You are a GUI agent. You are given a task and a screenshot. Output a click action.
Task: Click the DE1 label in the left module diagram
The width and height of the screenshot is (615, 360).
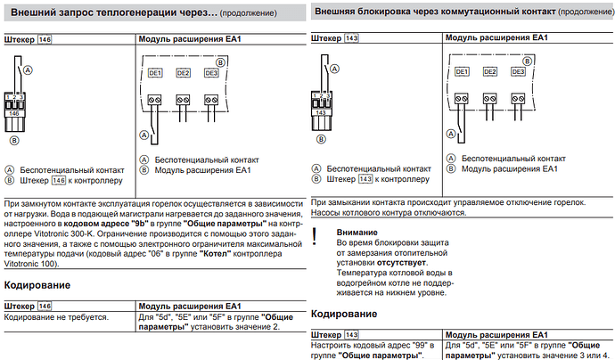coord(155,73)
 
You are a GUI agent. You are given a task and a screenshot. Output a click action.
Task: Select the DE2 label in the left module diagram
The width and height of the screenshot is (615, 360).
coord(184,73)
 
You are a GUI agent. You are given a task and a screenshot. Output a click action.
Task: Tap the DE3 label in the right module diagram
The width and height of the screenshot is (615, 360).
coord(518,72)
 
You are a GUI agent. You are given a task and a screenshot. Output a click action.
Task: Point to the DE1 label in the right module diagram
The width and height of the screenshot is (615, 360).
coord(462,72)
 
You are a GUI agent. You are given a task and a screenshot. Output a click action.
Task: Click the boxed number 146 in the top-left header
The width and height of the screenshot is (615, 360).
coord(45,39)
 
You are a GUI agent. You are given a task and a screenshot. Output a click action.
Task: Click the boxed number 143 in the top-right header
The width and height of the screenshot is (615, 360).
coord(351,38)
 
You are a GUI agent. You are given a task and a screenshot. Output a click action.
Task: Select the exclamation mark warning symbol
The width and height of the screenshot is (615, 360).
coord(314,236)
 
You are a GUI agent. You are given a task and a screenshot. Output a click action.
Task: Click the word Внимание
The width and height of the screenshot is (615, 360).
coord(357,233)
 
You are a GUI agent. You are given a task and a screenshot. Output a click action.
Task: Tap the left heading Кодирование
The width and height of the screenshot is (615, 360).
coord(37,285)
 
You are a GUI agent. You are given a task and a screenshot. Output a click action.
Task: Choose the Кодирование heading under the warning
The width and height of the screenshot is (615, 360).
coord(344,314)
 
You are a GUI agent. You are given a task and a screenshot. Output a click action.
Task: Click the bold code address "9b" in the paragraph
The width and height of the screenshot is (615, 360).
coord(139,224)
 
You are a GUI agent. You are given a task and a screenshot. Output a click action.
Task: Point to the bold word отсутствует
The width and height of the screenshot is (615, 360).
coord(401,263)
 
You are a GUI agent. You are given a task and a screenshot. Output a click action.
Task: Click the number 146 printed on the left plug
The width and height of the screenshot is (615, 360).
coord(14,113)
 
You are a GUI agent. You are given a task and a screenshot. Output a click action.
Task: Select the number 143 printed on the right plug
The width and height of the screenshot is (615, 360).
coord(321,112)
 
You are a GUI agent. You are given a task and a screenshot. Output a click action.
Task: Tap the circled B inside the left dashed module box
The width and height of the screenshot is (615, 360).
coord(221,62)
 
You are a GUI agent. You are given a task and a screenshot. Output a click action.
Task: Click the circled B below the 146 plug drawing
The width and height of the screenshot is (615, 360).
coord(14,141)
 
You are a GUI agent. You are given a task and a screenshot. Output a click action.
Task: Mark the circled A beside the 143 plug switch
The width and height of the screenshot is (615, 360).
coord(334,69)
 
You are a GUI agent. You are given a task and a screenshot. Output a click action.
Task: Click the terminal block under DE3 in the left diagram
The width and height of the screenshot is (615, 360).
coord(211,100)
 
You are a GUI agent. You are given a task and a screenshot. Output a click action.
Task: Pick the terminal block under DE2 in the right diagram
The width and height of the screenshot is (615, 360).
coord(490,98)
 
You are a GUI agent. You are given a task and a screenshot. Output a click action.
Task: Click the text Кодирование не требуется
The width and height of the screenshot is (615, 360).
coord(56,317)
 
